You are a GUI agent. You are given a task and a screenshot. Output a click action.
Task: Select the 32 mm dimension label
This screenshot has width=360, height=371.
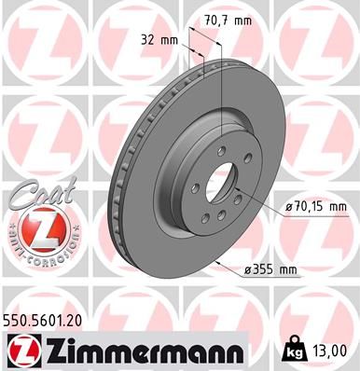tap(161, 41)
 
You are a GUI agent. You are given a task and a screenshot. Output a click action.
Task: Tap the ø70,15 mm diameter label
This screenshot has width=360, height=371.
tap(314, 207)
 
